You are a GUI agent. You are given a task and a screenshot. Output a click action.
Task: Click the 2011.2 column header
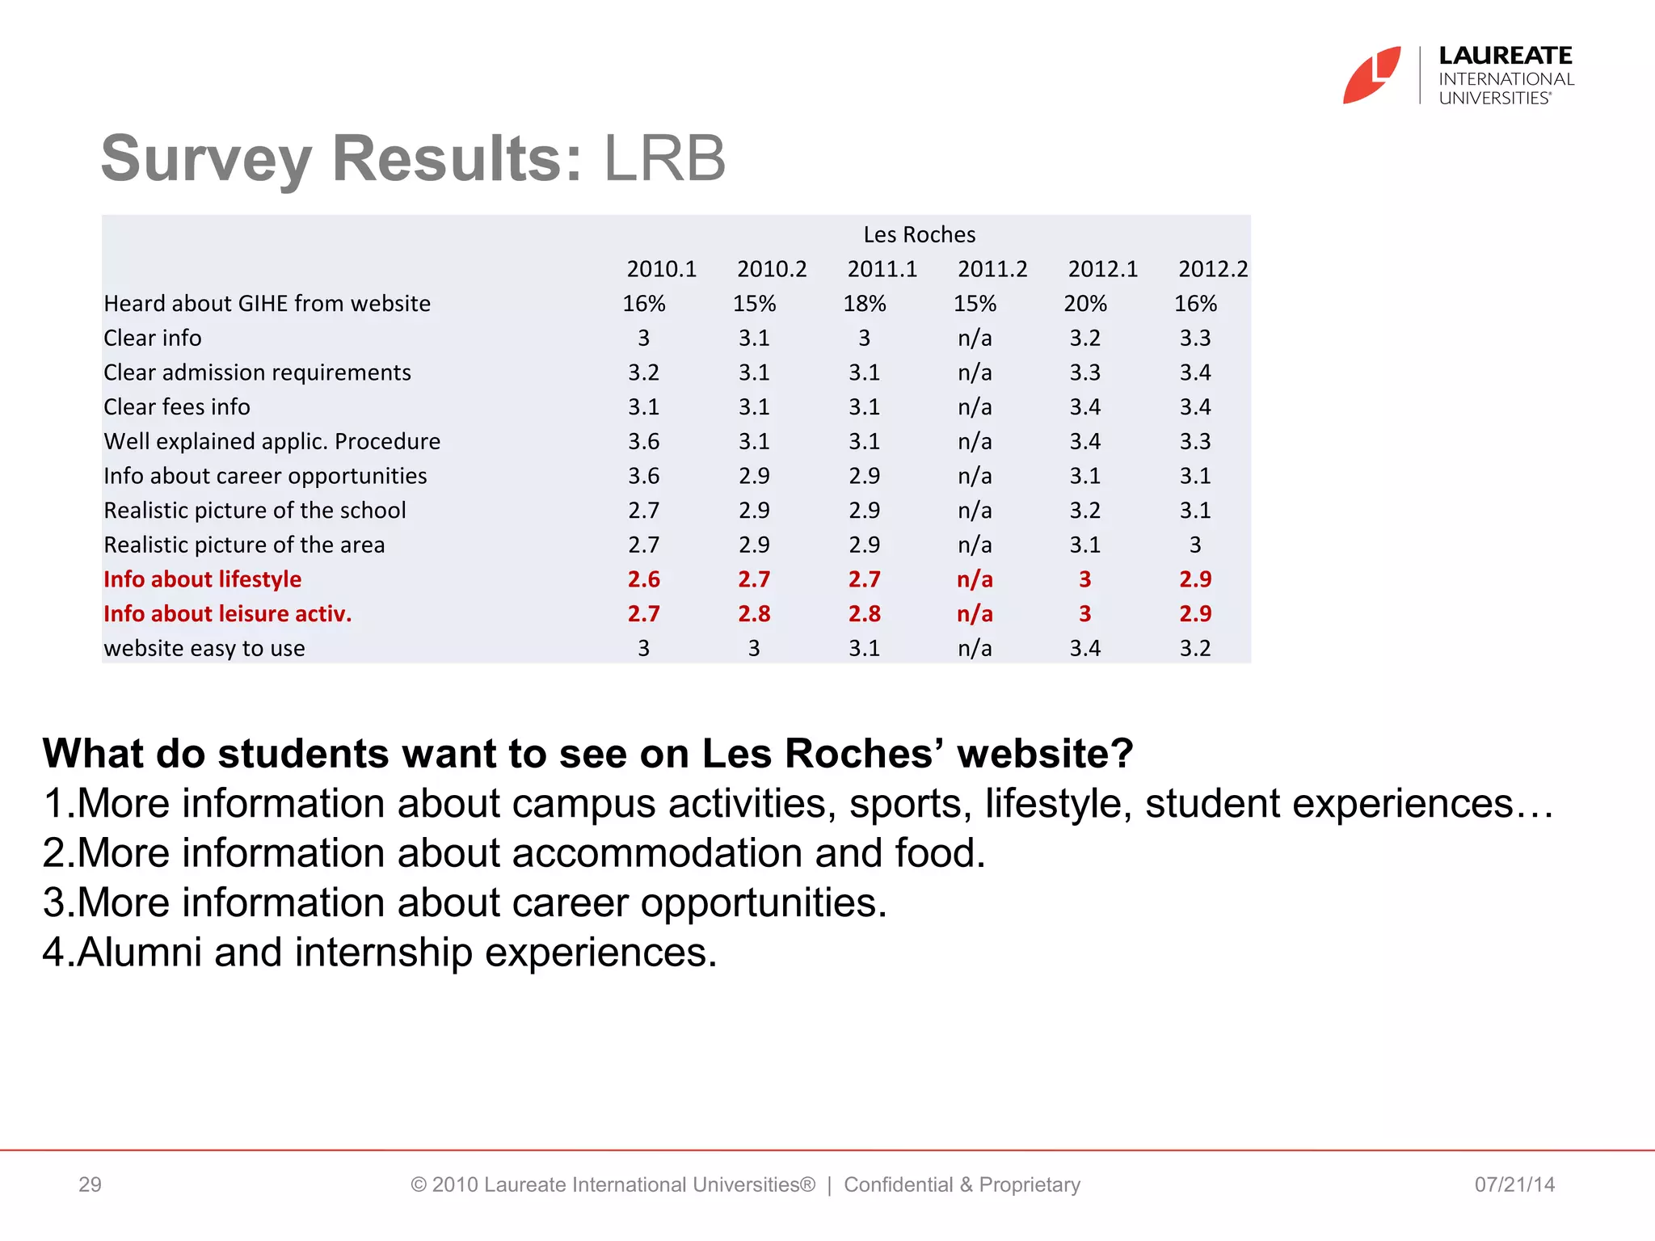click(x=992, y=269)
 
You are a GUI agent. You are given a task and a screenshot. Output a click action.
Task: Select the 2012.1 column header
click(x=1102, y=269)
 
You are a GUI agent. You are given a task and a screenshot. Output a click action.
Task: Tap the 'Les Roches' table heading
click(x=919, y=234)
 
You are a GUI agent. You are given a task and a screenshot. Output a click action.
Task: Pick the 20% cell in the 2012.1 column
click(x=1084, y=304)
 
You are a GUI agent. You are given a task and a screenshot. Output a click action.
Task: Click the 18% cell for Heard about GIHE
click(x=864, y=304)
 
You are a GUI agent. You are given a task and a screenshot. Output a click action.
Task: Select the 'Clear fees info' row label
click(x=177, y=407)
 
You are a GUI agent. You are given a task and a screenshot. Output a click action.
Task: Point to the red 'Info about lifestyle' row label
click(x=202, y=579)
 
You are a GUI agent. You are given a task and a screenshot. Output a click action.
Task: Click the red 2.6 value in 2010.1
click(x=643, y=579)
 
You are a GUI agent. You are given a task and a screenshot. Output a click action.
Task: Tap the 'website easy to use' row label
click(x=204, y=649)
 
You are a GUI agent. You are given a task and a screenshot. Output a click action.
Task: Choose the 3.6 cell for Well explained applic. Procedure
click(x=643, y=442)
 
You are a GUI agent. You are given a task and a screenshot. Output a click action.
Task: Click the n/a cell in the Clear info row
click(x=975, y=339)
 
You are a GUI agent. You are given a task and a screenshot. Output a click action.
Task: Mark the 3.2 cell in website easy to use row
click(x=1194, y=649)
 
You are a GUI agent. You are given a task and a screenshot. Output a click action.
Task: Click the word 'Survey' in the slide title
click(x=206, y=159)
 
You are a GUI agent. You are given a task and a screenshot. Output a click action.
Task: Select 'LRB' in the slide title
click(x=664, y=159)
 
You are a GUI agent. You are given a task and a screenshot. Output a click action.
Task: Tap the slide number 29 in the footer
click(x=90, y=1184)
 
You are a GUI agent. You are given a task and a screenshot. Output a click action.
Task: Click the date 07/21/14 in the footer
click(x=1514, y=1184)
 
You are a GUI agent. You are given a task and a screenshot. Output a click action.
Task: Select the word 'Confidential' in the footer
click(x=898, y=1184)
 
